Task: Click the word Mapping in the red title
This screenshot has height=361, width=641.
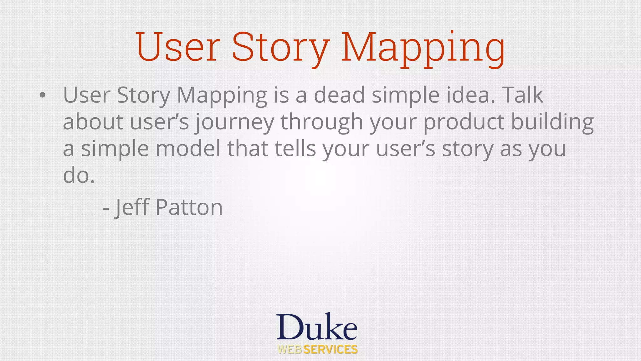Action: [x=423, y=48]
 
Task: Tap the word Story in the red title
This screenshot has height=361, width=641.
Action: [x=280, y=48]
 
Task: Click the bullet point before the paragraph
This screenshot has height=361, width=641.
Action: [x=43, y=95]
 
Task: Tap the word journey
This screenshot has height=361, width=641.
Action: [x=235, y=122]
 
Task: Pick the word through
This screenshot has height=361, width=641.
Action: [x=322, y=122]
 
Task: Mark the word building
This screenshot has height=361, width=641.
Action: [x=552, y=122]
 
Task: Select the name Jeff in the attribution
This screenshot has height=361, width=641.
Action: [x=131, y=207]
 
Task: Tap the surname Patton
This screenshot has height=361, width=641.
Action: [x=189, y=207]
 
